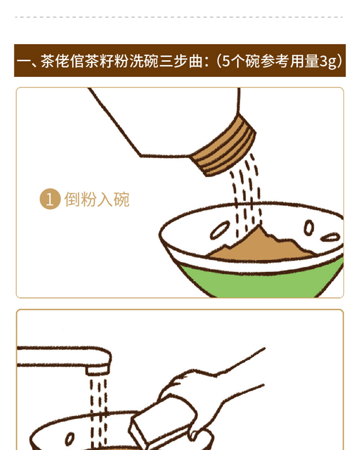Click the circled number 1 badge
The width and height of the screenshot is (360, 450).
pos(50,199)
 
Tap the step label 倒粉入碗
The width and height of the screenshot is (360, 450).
pos(97,199)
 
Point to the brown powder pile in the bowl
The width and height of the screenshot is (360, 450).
pos(261,246)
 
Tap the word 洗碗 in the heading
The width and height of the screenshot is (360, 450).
pos(144,61)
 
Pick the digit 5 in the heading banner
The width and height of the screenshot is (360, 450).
pos(226,61)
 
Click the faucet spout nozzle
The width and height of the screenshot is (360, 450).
pos(98,369)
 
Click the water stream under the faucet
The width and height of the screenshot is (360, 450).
pos(98,413)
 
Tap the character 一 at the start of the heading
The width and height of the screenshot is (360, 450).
pos(23,61)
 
